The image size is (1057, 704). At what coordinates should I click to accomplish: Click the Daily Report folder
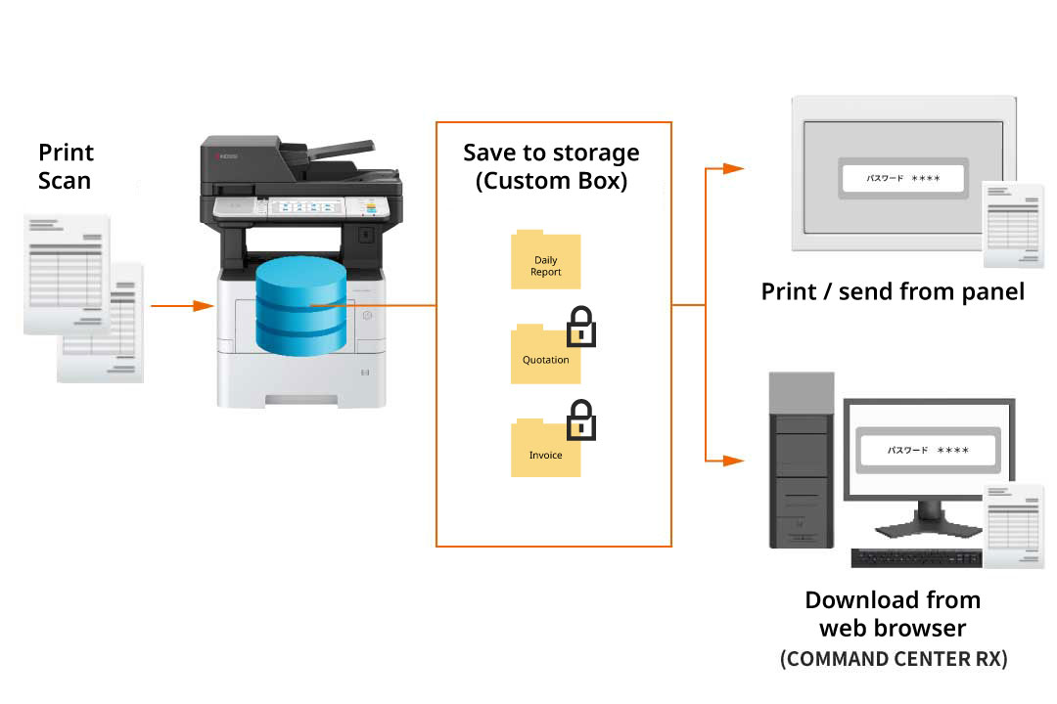click(545, 261)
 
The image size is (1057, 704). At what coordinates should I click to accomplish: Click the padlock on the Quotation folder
click(581, 328)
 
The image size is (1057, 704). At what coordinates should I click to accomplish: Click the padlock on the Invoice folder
click(581, 420)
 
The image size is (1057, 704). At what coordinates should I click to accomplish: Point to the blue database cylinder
click(300, 307)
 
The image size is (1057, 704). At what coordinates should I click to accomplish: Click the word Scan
click(65, 181)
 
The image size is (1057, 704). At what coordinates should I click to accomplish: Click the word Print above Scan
click(66, 153)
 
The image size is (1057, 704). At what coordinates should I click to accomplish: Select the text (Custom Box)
click(551, 181)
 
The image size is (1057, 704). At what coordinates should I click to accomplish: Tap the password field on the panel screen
click(901, 179)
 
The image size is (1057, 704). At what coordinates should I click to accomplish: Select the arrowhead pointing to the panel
click(732, 168)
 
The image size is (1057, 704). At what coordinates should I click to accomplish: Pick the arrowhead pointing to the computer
click(732, 460)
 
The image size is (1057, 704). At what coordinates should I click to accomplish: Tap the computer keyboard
click(916, 558)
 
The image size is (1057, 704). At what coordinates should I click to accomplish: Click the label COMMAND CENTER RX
click(893, 659)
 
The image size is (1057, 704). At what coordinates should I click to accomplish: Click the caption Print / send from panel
click(893, 290)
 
